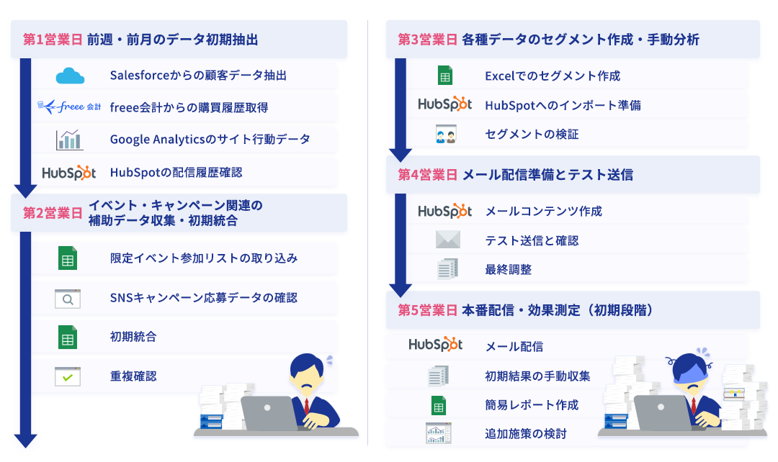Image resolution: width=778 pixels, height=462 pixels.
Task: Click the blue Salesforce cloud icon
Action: click(70, 76)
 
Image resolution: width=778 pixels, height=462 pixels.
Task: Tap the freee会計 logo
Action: click(69, 107)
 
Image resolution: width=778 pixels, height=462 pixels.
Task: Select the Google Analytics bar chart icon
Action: click(69, 140)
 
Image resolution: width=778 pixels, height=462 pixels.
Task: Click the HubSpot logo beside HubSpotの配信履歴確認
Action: click(69, 173)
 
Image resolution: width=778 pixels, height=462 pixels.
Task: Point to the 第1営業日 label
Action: click(53, 40)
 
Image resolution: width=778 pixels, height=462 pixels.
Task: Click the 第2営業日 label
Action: click(53, 213)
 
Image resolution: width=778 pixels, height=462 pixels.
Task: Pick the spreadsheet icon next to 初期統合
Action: click(68, 337)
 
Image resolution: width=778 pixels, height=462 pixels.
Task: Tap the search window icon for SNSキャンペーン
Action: click(68, 299)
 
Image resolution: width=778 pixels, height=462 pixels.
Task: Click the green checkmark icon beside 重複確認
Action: click(68, 376)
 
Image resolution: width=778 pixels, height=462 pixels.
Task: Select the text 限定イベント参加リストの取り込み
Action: click(204, 258)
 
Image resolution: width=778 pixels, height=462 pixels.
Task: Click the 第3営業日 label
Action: click(428, 40)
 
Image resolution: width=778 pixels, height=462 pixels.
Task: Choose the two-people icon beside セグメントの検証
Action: click(446, 135)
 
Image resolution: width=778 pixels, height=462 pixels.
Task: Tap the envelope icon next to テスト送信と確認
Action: click(448, 240)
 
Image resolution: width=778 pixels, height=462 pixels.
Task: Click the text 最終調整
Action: click(509, 270)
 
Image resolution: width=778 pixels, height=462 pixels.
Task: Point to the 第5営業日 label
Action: click(428, 310)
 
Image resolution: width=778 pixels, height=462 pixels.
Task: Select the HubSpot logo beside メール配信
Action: click(436, 345)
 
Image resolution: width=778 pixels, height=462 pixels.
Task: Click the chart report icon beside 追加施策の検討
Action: click(439, 433)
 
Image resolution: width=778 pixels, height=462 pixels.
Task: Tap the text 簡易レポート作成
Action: click(532, 405)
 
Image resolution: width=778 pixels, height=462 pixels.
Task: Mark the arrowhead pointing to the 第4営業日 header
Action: click(401, 155)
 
